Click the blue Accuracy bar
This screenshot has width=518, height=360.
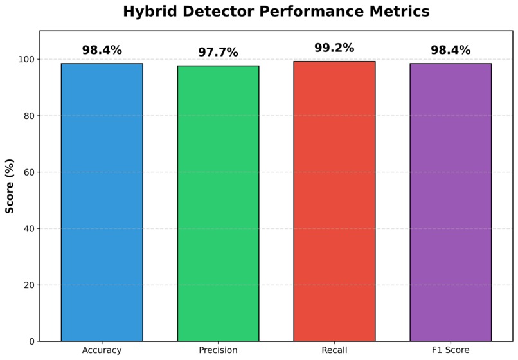[102, 203]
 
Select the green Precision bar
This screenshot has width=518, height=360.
[218, 203]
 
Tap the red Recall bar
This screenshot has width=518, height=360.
[334, 201]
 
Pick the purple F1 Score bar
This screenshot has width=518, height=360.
[451, 203]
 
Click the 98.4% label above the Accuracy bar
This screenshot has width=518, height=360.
[102, 50]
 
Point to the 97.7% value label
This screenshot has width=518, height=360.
[218, 52]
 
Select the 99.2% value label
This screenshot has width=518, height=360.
[334, 48]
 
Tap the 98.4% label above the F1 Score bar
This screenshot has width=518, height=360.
[451, 50]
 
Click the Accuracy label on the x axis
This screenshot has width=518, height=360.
[102, 350]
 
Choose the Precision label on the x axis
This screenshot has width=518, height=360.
[218, 350]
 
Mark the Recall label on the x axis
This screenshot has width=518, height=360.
[334, 350]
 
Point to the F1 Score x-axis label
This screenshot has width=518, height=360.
[451, 350]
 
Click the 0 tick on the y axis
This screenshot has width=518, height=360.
[32, 341]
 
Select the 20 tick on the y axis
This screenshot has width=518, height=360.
[29, 285]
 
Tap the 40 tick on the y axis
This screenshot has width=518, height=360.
[29, 228]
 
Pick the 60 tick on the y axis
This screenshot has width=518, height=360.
[29, 172]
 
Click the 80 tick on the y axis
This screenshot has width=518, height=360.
[29, 116]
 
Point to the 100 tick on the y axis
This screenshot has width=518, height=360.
[26, 60]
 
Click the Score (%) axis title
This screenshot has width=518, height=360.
[10, 186]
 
